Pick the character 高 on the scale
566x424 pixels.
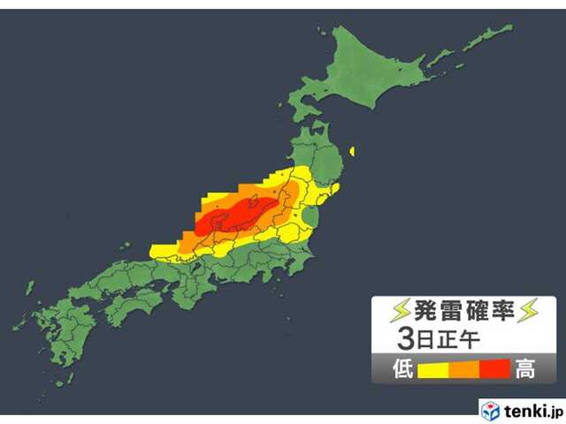525,368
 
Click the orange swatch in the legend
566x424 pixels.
464,368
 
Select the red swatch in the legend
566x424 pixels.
495,368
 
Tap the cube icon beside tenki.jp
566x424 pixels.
491,411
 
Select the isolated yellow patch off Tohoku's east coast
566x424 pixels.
353,151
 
